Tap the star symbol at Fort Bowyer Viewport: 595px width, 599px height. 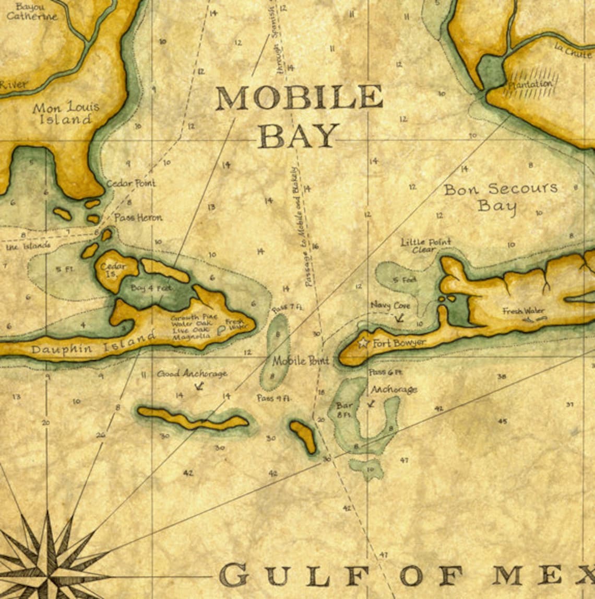[x=363, y=343]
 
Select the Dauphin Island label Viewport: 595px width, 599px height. [x=93, y=345]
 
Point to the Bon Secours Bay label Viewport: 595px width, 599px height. [x=500, y=197]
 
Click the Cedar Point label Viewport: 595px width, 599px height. [x=131, y=183]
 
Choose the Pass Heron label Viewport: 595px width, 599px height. [x=138, y=217]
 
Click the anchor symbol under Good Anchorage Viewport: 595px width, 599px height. [x=198, y=386]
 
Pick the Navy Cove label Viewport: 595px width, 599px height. [x=390, y=305]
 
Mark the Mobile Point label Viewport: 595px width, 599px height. [x=301, y=361]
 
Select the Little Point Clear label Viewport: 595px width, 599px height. [x=426, y=246]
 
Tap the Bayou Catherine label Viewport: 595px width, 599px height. [x=32, y=11]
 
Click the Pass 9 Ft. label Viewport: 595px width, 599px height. [x=274, y=398]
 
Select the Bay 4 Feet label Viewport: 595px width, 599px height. [x=151, y=288]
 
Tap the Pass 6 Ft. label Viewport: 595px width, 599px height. [x=385, y=373]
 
